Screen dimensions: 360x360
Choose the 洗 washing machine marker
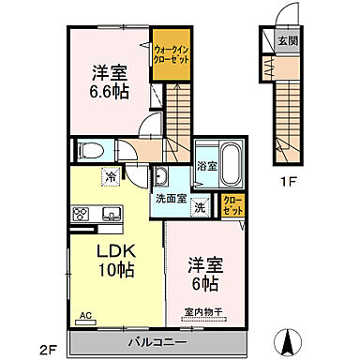click(200, 207)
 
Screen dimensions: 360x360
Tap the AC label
click(85, 317)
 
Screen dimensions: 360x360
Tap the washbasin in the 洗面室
click(160, 178)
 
